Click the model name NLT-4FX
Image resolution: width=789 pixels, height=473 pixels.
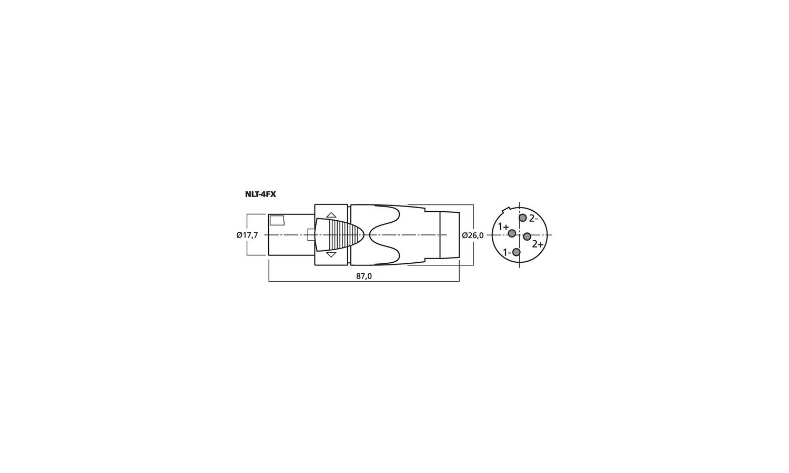(x=260, y=194)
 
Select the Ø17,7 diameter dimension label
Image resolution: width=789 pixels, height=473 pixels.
(x=247, y=235)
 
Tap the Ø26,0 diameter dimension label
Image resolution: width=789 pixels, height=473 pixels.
(x=473, y=235)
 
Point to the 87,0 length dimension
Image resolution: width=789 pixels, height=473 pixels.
(x=364, y=276)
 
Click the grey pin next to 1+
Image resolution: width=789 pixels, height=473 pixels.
(x=512, y=233)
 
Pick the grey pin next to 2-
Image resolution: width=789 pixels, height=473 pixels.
(x=523, y=218)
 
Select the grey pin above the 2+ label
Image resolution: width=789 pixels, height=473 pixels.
(x=527, y=236)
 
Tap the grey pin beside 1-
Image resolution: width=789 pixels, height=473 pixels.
(x=517, y=252)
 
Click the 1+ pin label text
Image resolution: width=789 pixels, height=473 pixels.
(x=503, y=227)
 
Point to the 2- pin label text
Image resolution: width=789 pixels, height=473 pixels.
(x=533, y=219)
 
